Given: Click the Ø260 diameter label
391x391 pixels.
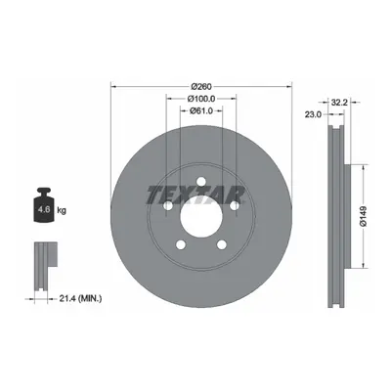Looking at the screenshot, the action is pos(201,87).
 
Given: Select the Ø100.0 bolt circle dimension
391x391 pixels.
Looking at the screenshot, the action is pos(201,99).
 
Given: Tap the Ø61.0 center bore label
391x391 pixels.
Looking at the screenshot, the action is pos(201,110).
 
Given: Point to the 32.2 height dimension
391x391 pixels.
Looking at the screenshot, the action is pos(340,103).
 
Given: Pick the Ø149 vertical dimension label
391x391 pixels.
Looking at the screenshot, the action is pos(364,216).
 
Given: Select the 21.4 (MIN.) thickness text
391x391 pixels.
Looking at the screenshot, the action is pos(80,298).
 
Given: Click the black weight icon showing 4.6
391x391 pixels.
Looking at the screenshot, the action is pos(44,204).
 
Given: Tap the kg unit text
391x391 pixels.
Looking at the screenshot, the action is pos(62,210).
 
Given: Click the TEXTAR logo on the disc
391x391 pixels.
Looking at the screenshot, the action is pos(195,195).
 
